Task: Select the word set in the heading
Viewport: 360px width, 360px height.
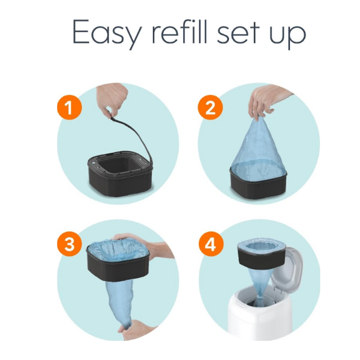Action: pos(238,33)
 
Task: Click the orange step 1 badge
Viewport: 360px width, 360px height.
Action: pos(69,108)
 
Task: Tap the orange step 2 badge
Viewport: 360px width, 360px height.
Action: pos(210,108)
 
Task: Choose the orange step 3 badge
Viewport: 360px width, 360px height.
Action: pos(69,244)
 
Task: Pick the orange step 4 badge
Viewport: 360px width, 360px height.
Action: pos(211,244)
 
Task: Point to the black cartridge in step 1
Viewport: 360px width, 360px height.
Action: pos(120,174)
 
